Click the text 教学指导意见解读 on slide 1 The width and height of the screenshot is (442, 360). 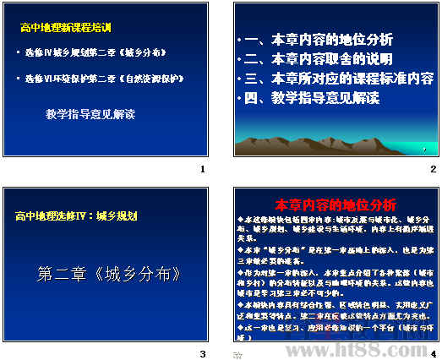click(x=90, y=112)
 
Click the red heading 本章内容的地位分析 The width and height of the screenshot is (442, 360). click(x=336, y=205)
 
